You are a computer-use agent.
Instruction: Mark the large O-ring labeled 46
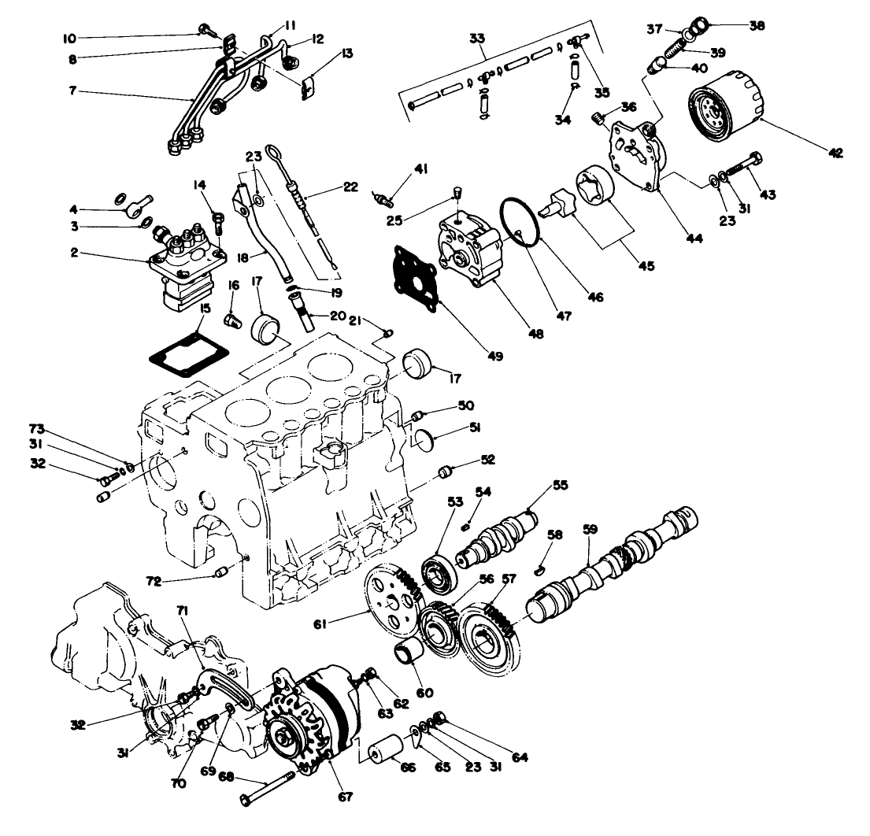pyautogui.click(x=520, y=221)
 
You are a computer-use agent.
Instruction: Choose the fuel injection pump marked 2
pyautogui.click(x=187, y=268)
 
